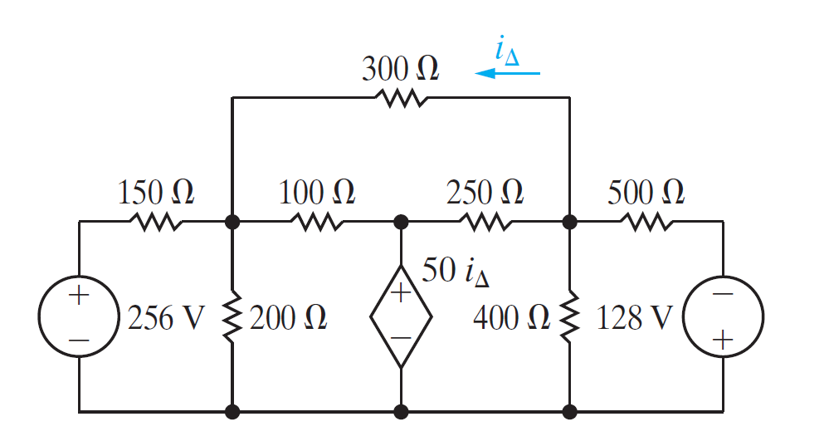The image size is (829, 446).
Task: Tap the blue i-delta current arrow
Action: tap(507, 74)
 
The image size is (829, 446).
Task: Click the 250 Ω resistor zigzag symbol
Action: tap(485, 223)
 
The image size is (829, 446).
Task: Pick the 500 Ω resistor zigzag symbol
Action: tap(646, 223)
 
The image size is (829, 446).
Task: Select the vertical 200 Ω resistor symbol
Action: tap(232, 316)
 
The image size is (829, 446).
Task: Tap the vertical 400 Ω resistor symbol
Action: tap(569, 316)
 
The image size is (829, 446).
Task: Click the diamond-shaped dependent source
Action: tap(401, 316)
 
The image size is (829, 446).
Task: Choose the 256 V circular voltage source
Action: tap(79, 316)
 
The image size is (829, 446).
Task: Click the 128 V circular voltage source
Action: tap(722, 316)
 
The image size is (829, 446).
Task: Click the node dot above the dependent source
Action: tap(401, 223)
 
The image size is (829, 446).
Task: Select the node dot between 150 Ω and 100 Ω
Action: tap(232, 223)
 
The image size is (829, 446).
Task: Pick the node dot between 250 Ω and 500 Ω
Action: tap(569, 223)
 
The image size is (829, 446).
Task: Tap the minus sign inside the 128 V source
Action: tap(722, 295)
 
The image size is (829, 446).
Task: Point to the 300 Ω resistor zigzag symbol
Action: tap(402, 98)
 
